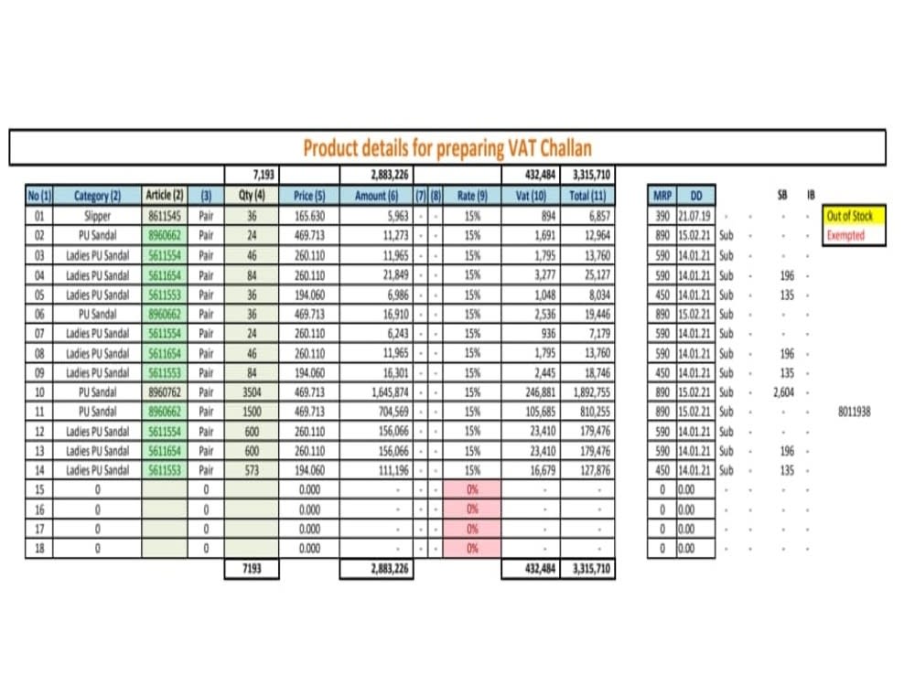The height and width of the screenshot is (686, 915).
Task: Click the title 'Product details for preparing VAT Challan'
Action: coord(447,148)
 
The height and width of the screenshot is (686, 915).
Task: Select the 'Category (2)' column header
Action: coord(97,196)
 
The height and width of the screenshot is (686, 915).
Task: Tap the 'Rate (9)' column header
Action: coord(472,196)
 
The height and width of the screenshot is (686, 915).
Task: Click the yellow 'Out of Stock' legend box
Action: coord(850,217)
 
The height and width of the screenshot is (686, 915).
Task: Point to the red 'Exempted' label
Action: coord(845,236)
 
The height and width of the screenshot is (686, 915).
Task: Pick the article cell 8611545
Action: coord(165,217)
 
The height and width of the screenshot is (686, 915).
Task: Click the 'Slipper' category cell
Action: coord(97,217)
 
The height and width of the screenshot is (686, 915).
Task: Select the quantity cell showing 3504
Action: coord(252,392)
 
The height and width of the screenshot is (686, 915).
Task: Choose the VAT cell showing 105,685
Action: coord(536,412)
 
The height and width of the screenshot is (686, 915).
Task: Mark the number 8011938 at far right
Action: coord(854,412)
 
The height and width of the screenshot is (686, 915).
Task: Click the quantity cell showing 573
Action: coord(252,470)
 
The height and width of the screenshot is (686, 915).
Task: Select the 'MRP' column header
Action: coord(662,196)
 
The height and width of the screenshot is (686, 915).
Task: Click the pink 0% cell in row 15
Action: coord(472,489)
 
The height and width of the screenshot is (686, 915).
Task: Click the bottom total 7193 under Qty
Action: coord(252,569)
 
